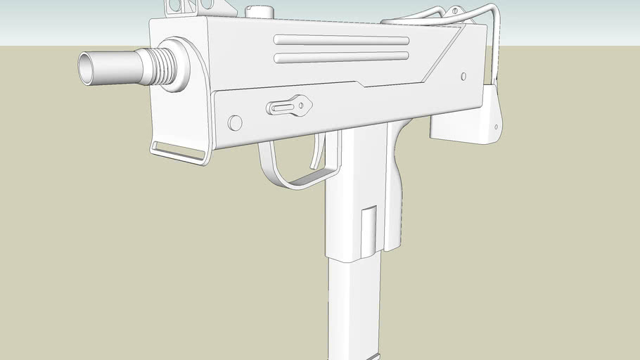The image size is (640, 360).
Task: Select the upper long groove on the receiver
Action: pyautogui.click(x=341, y=40)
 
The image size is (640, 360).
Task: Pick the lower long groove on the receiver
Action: pyautogui.click(x=341, y=57)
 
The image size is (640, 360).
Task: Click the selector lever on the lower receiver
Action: pyautogui.click(x=288, y=107)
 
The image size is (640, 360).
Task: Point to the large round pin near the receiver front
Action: pyautogui.click(x=235, y=123)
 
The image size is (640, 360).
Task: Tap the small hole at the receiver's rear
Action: pyautogui.click(x=463, y=76)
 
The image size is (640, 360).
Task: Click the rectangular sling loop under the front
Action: pyautogui.click(x=179, y=152)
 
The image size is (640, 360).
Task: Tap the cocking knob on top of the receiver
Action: pyautogui.click(x=260, y=11)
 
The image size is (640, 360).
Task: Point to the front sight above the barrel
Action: pyautogui.click(x=181, y=7)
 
